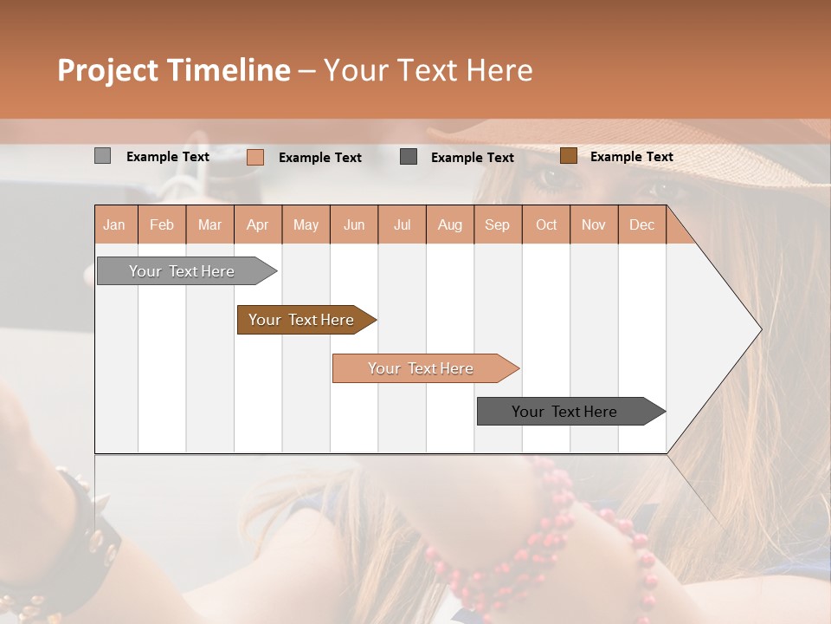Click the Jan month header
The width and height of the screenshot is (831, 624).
pyautogui.click(x=115, y=224)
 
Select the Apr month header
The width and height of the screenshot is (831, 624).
pyautogui.click(x=258, y=224)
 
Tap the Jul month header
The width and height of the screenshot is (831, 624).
pyautogui.click(x=402, y=224)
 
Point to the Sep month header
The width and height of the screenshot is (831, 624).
pyautogui.click(x=497, y=224)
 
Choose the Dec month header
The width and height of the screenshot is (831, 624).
pyautogui.click(x=641, y=224)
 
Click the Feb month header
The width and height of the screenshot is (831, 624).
pyautogui.click(x=162, y=224)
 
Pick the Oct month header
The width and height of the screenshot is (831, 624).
pyautogui.click(x=546, y=224)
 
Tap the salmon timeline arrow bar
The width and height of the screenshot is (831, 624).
pyautogui.click(x=422, y=368)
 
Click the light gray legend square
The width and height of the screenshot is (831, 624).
pyautogui.click(x=102, y=156)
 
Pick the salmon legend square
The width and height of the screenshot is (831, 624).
pyautogui.click(x=254, y=157)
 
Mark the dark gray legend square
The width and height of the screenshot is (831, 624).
pyautogui.click(x=409, y=156)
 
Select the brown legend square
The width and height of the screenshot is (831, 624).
pyautogui.click(x=568, y=156)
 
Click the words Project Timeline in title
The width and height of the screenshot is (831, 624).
pyautogui.click(x=174, y=70)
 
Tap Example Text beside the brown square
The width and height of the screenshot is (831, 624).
pyautogui.click(x=631, y=157)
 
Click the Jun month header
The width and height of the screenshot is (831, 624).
pyautogui.click(x=354, y=224)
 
